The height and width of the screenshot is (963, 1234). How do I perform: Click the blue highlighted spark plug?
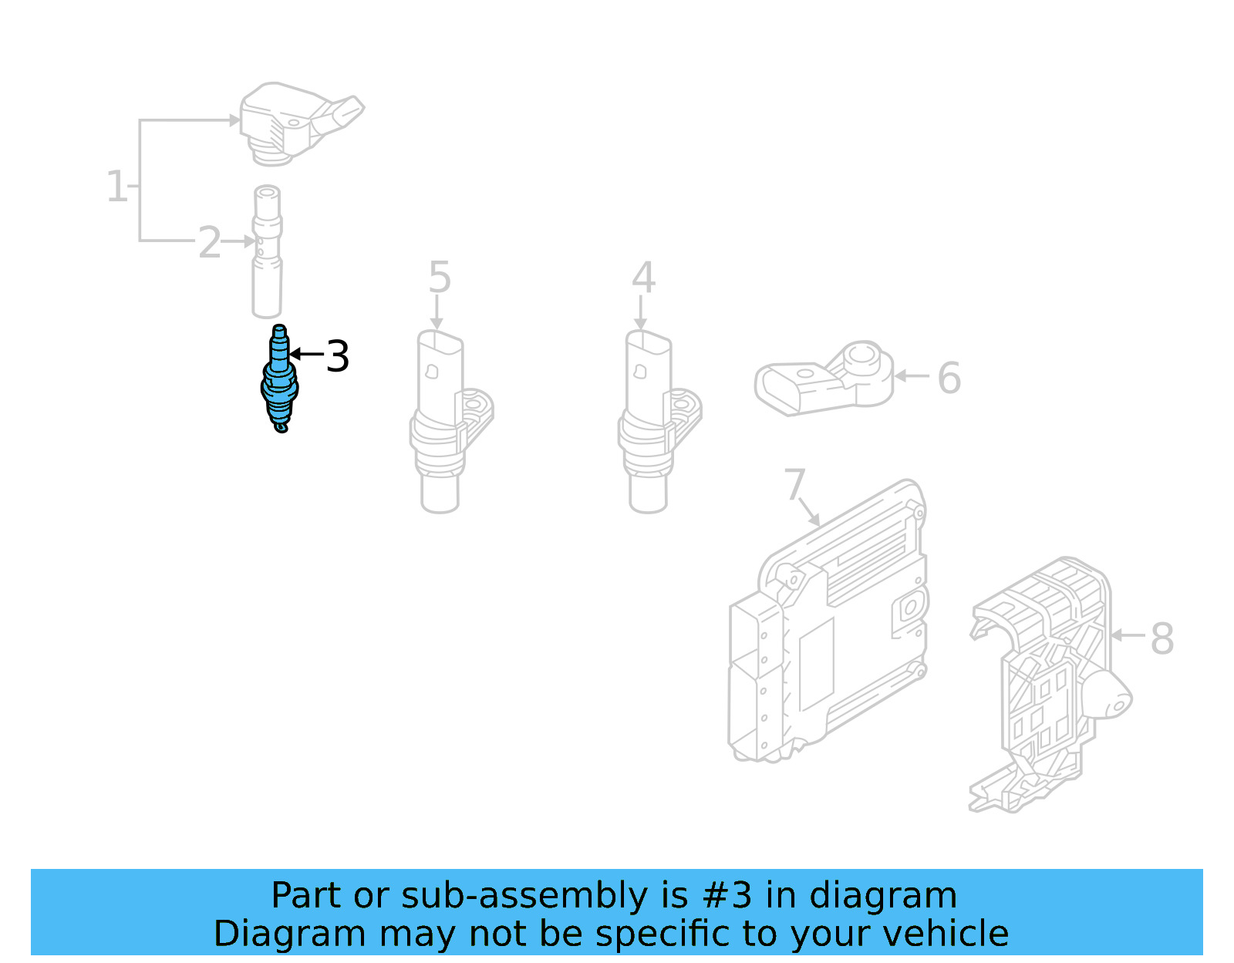[x=279, y=382]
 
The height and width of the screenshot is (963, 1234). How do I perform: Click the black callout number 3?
[x=337, y=356]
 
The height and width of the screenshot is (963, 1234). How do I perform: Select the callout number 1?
[x=116, y=187]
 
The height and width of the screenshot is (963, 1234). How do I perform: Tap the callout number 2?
[x=209, y=243]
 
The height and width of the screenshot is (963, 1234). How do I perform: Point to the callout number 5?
[x=439, y=278]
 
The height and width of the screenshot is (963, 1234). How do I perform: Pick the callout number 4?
[x=643, y=278]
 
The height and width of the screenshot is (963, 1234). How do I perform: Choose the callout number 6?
[x=949, y=378]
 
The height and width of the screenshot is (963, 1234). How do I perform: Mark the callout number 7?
[x=794, y=484]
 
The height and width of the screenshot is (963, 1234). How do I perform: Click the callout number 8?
[x=1162, y=638]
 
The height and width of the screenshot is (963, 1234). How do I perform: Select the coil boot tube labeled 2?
[x=267, y=254]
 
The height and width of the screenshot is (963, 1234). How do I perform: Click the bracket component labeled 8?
[x=1049, y=686]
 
